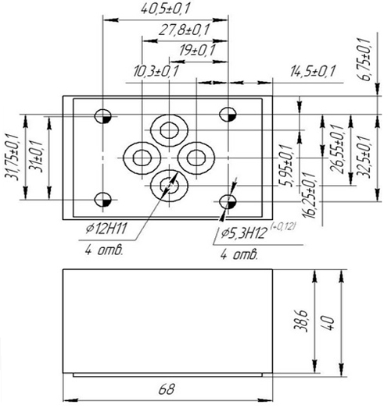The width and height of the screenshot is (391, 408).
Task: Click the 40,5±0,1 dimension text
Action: point(165,9)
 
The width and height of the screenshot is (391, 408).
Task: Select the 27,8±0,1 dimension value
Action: point(184,30)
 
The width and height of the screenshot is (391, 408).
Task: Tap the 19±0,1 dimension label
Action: point(198,50)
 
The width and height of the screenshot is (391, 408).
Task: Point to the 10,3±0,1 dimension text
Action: point(156,71)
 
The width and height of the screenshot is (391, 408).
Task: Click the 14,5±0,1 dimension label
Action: point(313,71)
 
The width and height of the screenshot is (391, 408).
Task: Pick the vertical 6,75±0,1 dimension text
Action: point(364,59)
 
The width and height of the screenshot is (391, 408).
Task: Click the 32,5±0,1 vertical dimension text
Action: point(364,157)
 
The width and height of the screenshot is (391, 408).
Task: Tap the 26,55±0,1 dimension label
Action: point(337,149)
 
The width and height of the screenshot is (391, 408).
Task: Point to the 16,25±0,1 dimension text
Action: point(310,195)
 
